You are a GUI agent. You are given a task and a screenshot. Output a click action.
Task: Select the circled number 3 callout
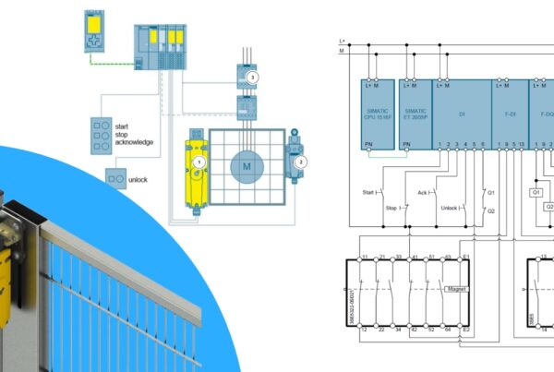tap(253, 76)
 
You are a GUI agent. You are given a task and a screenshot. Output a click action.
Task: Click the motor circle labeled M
tap(247, 165)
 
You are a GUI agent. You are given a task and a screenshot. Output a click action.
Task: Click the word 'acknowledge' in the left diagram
tap(134, 142)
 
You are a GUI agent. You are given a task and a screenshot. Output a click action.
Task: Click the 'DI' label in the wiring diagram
tap(461, 114)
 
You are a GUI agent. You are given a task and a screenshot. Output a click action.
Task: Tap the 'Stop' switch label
tap(390, 208)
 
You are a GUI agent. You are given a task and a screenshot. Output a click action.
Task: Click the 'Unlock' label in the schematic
tap(450, 208)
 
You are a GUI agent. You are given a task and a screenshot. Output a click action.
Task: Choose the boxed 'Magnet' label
tap(457, 288)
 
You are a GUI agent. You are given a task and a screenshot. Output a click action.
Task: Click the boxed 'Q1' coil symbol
tap(535, 192)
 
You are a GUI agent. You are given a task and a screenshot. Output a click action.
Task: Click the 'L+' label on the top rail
tap(342, 40)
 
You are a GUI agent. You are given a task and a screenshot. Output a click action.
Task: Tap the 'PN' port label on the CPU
tap(370, 143)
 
